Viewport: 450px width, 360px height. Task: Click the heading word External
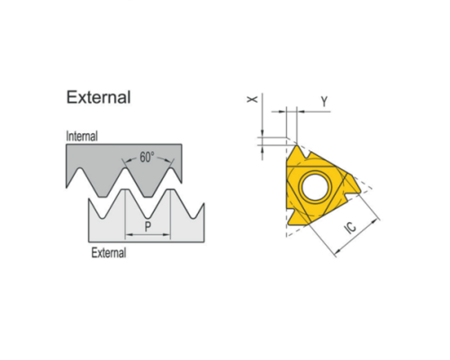tap(98, 97)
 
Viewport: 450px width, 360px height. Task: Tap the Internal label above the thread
tap(82, 136)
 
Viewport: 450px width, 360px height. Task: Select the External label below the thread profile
tap(109, 253)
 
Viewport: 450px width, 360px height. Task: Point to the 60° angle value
tap(147, 157)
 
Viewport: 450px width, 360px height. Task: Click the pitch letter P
tap(148, 227)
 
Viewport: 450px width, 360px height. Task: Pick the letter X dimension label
tap(252, 99)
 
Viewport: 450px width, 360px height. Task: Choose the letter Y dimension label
tap(324, 102)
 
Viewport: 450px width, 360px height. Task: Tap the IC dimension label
tap(351, 227)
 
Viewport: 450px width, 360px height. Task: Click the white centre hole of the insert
tap(315, 186)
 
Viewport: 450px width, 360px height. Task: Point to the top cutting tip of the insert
tap(297, 146)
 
